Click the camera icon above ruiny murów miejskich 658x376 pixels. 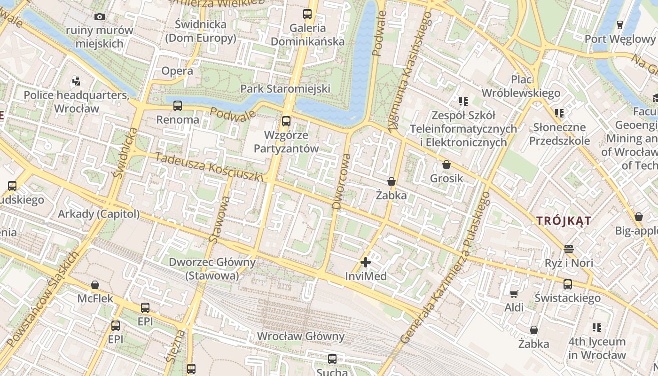99,17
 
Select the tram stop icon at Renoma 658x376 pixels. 177,106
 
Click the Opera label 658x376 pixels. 177,71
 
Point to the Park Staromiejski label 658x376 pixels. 285,88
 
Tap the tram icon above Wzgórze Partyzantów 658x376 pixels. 286,121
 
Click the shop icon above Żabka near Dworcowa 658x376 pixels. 391,181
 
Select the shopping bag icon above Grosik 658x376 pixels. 446,165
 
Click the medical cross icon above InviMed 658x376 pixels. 366,262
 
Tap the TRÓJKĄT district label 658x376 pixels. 564,220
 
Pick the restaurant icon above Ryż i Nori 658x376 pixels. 569,249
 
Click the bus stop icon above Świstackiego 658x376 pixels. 568,284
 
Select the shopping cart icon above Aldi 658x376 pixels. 514,294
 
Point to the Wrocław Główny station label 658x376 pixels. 301,337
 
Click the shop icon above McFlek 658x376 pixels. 95,285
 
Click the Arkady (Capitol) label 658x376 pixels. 99,214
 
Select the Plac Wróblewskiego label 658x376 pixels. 534,86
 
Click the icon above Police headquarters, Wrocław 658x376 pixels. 76,81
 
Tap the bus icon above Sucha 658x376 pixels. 332,359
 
